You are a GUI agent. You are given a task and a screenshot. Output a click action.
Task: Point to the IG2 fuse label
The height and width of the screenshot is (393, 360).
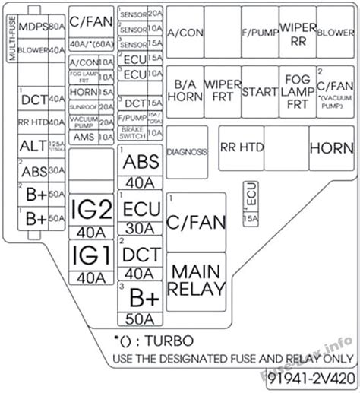pos(90,208)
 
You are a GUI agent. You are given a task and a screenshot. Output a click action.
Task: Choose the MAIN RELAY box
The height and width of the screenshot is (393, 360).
pos(196,279)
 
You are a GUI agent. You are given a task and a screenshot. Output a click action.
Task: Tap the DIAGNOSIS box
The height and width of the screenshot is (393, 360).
pos(187,152)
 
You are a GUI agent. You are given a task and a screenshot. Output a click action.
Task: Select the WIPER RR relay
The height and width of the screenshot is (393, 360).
pos(297,33)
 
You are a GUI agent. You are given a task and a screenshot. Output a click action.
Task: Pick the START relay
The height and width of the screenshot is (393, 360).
pos(260,92)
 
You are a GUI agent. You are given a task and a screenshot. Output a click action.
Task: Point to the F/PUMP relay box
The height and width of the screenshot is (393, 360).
pos(259,33)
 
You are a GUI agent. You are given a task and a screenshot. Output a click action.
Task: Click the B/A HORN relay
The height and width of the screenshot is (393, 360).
pos(186,92)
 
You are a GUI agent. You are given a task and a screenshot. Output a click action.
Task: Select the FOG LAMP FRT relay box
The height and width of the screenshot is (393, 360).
pos(297,92)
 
